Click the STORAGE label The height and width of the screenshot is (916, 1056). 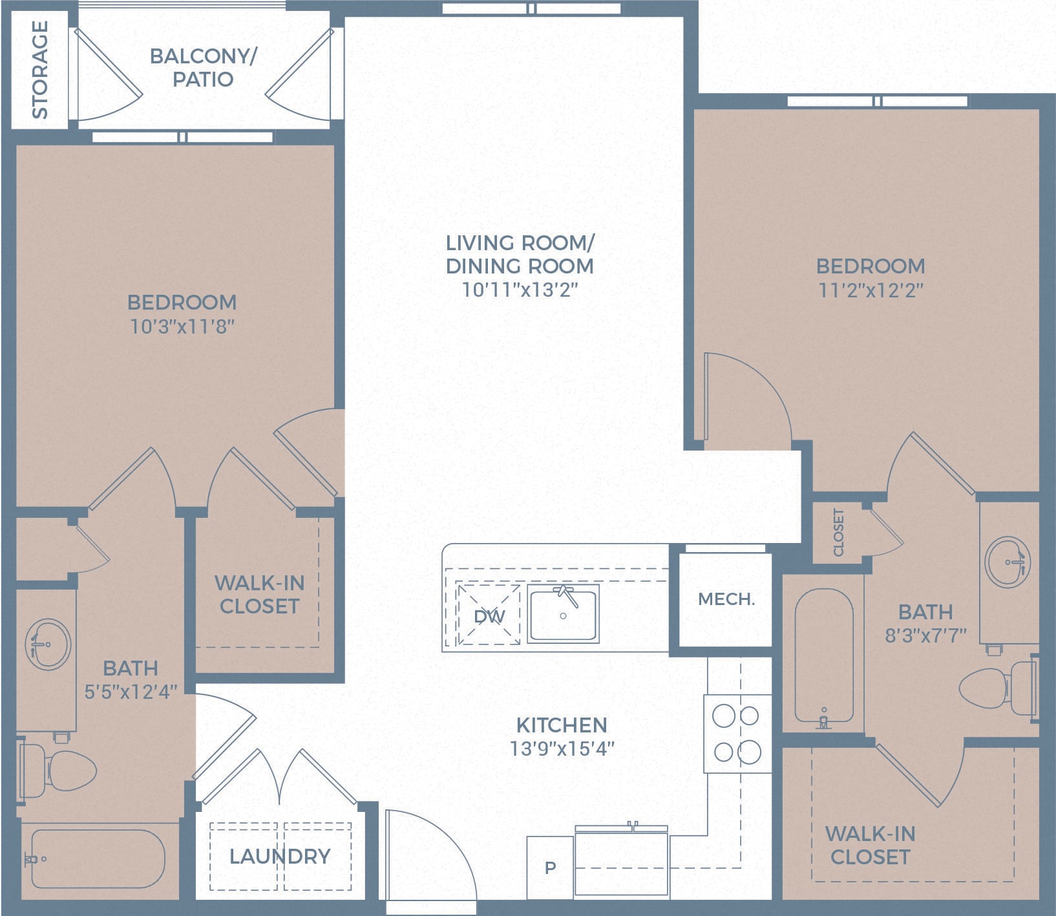40,69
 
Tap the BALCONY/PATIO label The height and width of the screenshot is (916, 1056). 203,67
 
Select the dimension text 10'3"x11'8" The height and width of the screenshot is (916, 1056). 182,326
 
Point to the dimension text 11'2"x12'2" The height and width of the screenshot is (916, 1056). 871,290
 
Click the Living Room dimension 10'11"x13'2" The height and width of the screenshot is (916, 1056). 519,290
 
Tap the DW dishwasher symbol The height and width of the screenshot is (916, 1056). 489,615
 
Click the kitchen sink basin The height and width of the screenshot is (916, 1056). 563,614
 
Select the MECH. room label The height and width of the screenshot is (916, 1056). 726,599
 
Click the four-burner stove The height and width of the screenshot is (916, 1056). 737,734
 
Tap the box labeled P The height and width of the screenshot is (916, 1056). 550,868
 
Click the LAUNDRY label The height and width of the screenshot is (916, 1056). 280,857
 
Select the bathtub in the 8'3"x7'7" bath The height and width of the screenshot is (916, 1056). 823,655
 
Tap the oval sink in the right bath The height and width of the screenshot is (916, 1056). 1008,561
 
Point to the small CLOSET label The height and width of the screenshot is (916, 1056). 839,532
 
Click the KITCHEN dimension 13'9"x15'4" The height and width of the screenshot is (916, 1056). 561,749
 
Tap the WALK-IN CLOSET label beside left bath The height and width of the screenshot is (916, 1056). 259,595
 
